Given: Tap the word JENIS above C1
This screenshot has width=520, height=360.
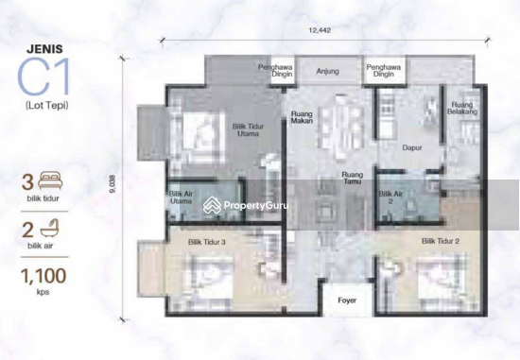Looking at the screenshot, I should tap(43, 41).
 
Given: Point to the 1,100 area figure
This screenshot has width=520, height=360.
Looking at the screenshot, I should tap(43, 278).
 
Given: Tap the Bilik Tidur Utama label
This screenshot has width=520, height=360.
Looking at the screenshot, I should tap(250, 130).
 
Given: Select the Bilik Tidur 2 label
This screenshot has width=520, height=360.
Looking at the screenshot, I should tap(441, 241).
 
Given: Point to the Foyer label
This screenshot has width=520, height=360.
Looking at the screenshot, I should tap(347, 301).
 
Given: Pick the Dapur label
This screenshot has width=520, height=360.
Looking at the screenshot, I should tap(409, 148).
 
